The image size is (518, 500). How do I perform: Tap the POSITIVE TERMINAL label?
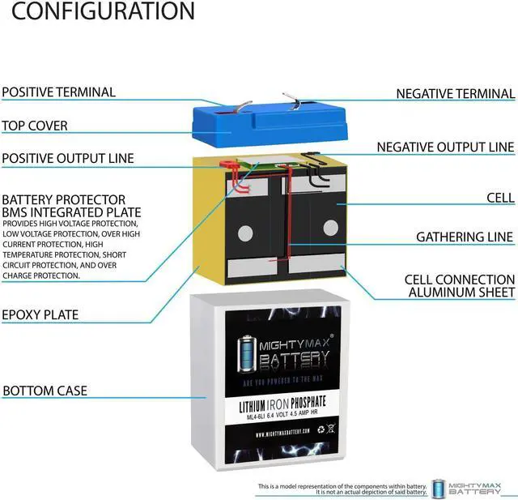click(58, 92)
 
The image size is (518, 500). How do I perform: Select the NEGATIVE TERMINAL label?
click(455, 94)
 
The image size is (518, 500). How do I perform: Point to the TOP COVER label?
click(34, 126)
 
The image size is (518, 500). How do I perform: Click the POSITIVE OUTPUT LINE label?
click(68, 158)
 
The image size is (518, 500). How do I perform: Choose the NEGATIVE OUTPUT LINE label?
click(445, 147)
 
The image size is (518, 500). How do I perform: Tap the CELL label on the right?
click(500, 197)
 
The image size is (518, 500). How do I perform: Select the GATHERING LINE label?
click(465, 237)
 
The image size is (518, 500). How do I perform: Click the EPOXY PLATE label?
click(40, 314)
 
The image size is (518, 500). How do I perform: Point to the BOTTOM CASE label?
click(45, 391)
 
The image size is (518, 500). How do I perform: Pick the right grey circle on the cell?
click(330, 228)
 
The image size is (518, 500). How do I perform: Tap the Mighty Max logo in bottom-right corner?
click(472, 488)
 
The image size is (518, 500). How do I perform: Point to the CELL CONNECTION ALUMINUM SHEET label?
click(460, 286)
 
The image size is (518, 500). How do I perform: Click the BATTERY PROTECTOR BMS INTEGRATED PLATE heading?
click(63, 206)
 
